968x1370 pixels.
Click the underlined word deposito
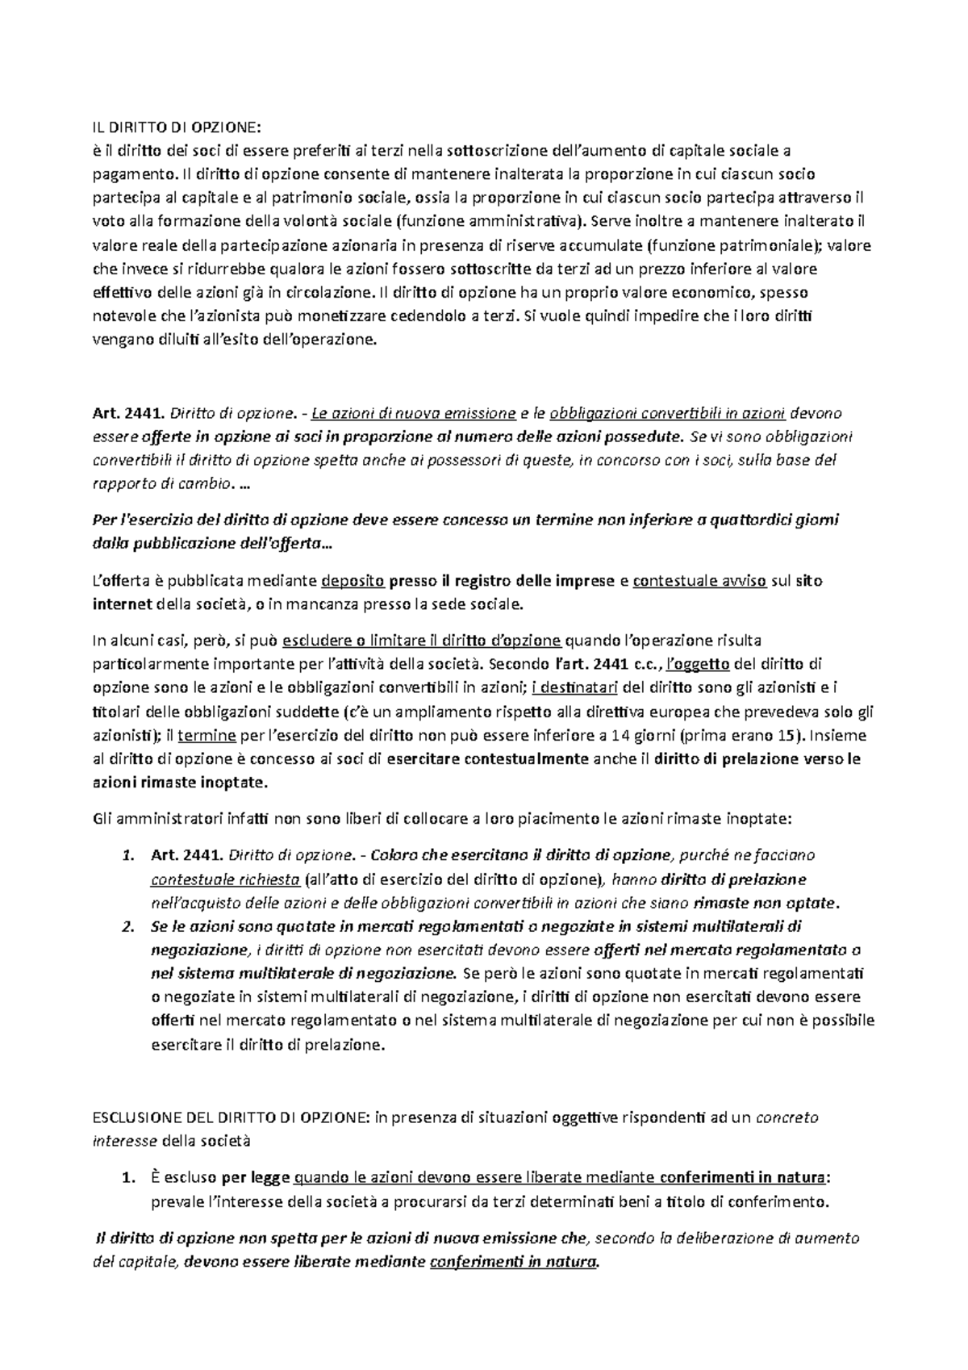click(x=353, y=581)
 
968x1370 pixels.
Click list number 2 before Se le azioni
click(x=127, y=926)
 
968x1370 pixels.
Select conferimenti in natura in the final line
click(x=515, y=1262)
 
